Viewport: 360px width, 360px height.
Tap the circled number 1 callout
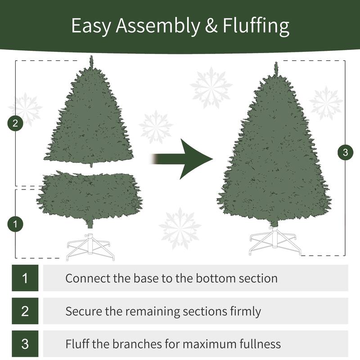(x=16, y=224)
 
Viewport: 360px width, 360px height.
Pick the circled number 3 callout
(x=345, y=153)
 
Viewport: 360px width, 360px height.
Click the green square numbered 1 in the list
(x=25, y=278)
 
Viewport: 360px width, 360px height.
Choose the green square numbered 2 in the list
(x=25, y=311)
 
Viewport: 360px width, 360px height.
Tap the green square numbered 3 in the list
(x=25, y=344)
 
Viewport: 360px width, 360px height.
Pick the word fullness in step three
(x=258, y=344)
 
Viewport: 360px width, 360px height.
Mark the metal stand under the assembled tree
(x=274, y=243)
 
